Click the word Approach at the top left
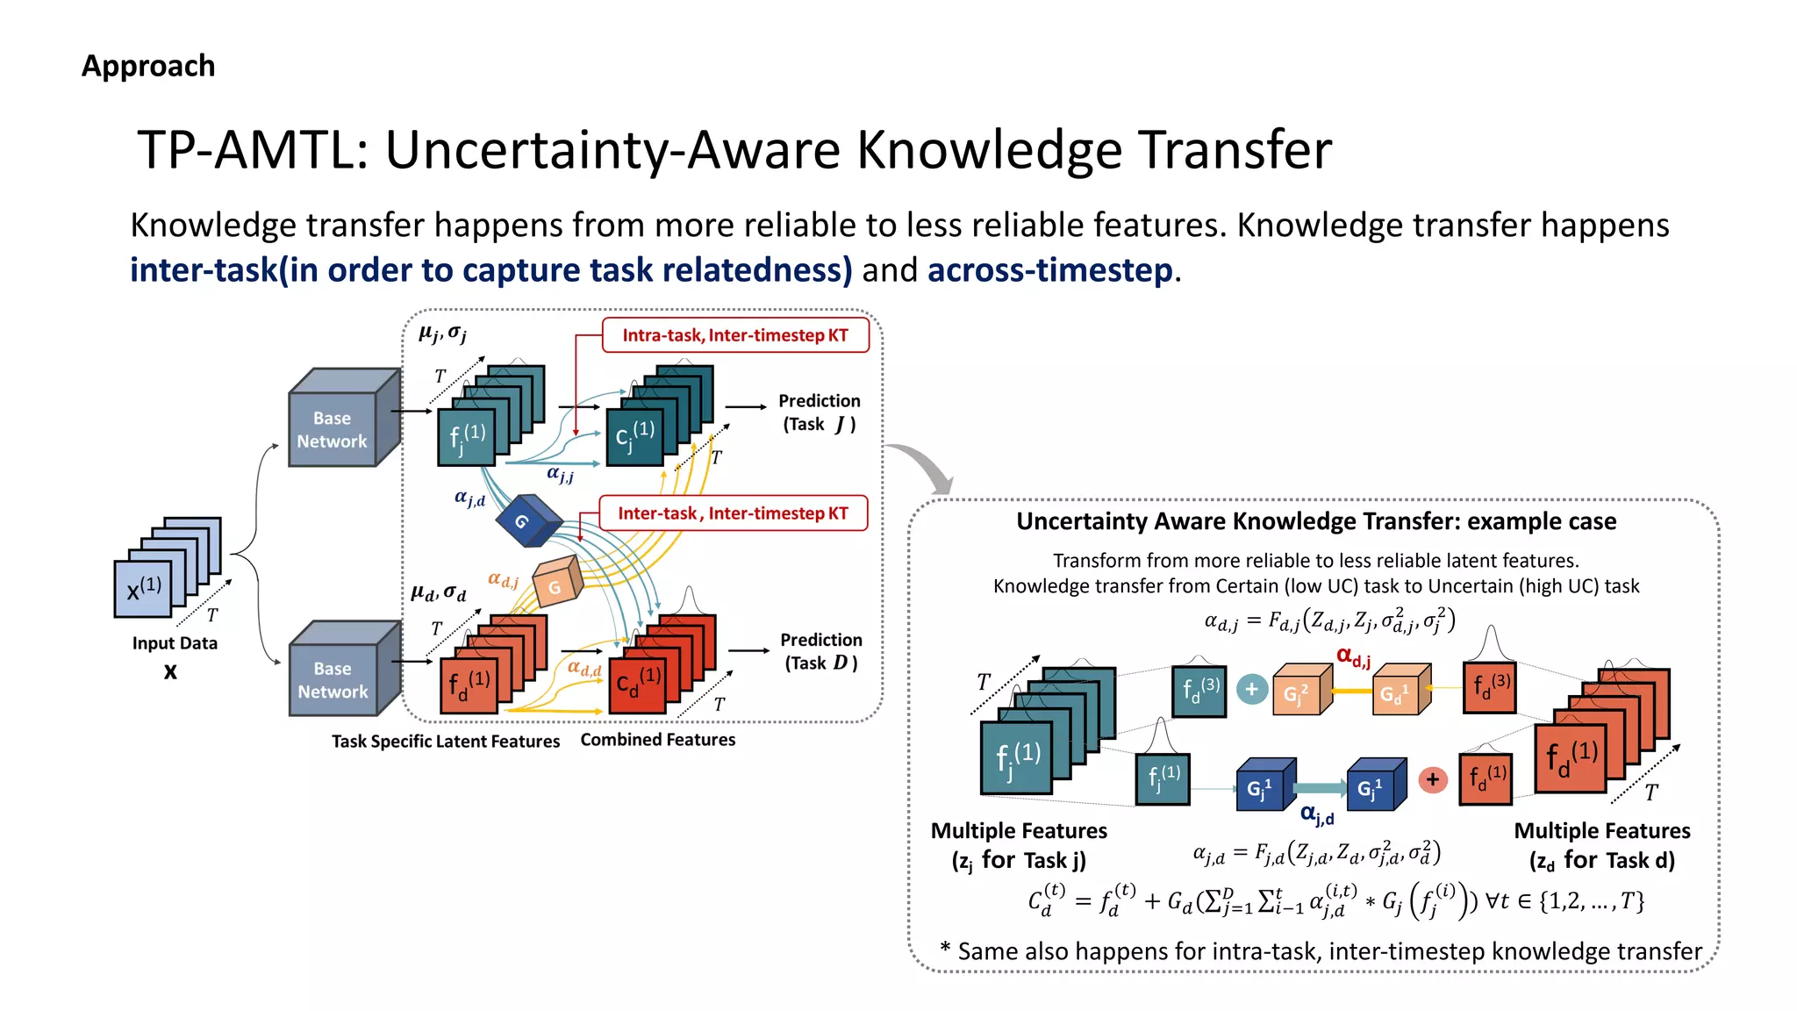148,66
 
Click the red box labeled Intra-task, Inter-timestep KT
735,335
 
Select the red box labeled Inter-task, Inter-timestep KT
733,513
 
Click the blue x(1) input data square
143,588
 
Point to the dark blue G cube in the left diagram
526,520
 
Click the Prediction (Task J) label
819,412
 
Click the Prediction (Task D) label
820,651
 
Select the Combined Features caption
657,740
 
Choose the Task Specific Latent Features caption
445,742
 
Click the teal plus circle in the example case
1252,690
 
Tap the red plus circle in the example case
1433,779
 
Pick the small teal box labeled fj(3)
1199,691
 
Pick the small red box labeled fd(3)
1490,686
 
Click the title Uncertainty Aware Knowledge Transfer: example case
1315,521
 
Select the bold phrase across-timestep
1049,270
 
